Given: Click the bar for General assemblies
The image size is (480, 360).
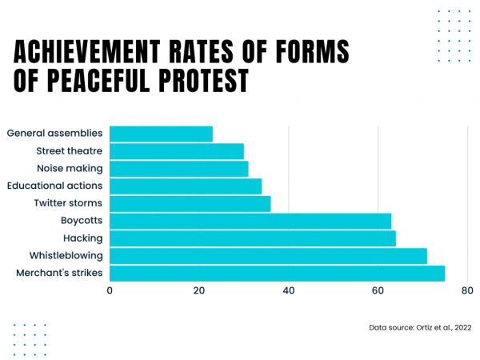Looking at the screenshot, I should point(161,134).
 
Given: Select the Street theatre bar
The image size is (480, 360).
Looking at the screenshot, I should point(177,151).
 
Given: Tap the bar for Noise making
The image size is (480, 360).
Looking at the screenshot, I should point(179,169).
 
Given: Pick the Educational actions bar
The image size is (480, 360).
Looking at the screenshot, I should point(186,186).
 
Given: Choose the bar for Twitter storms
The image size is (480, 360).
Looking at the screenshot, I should point(190,203).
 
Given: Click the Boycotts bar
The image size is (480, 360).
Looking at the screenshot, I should point(250,221).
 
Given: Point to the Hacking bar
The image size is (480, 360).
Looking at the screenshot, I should point(253,238).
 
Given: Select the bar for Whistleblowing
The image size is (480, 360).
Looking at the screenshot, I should point(268,256).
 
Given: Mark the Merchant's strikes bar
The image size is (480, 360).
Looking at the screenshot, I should point(277,273).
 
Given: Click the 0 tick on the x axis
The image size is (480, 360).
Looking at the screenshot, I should point(110,291).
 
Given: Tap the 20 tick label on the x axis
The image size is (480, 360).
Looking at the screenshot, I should point(199,291).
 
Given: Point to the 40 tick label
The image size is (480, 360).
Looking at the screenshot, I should point(289,291).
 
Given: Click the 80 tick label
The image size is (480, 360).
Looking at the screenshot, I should point(467,291).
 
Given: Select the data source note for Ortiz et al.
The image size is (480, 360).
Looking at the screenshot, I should point(419,327).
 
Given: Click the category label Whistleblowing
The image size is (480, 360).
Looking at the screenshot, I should point(66,256).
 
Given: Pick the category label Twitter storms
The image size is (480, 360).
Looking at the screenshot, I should point(68,203).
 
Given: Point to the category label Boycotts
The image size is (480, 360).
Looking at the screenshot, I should point(82,221).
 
